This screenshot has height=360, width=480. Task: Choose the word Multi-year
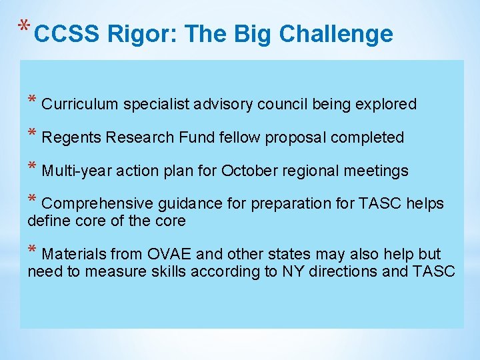(x=77, y=171)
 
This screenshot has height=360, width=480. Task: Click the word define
(x=48, y=221)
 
